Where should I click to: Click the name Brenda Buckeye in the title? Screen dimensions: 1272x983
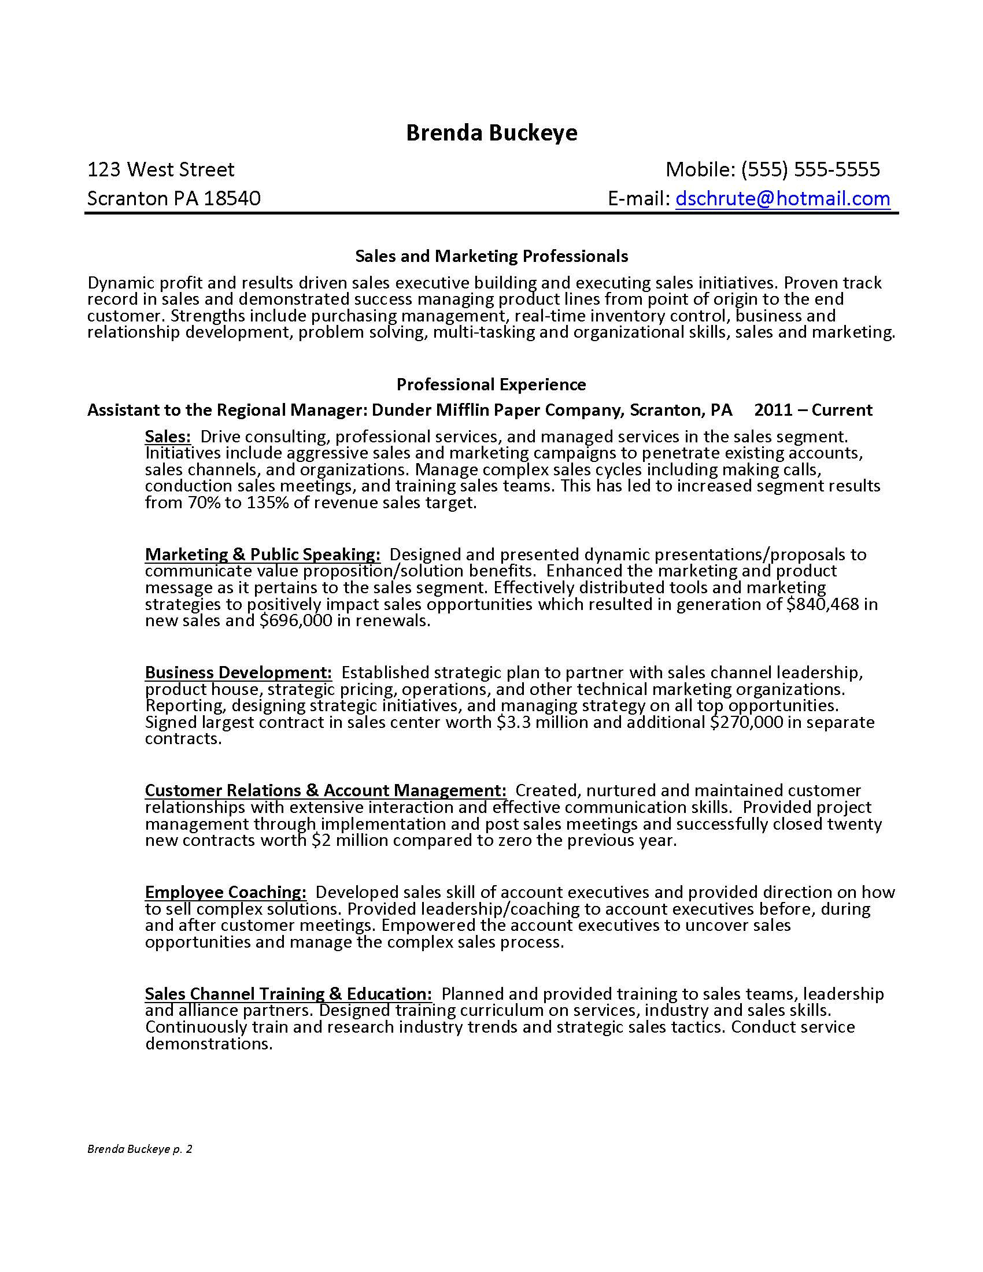pyautogui.click(x=491, y=133)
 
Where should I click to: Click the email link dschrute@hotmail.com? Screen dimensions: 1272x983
pyautogui.click(x=782, y=198)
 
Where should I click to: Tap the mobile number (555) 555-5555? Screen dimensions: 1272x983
pyautogui.click(x=810, y=169)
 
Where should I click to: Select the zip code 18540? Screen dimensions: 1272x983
pyautogui.click(x=232, y=198)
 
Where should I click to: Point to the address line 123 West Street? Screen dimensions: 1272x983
pyautogui.click(x=161, y=169)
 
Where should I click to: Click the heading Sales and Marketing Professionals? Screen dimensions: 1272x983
pyautogui.click(x=491, y=256)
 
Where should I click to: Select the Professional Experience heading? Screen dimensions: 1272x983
pyautogui.click(x=491, y=384)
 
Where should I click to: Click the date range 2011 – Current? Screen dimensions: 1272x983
pyautogui.click(x=813, y=410)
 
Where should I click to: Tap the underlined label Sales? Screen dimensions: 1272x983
pyautogui.click(x=168, y=436)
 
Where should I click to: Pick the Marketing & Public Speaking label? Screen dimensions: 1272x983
pyautogui.click(x=263, y=554)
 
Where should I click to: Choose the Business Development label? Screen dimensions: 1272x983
pyautogui.click(x=238, y=672)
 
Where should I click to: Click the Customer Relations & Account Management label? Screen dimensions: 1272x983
pyautogui.click(x=326, y=790)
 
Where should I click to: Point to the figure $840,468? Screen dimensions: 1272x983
pyautogui.click(x=822, y=604)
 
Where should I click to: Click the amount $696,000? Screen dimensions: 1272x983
pyautogui.click(x=295, y=621)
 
